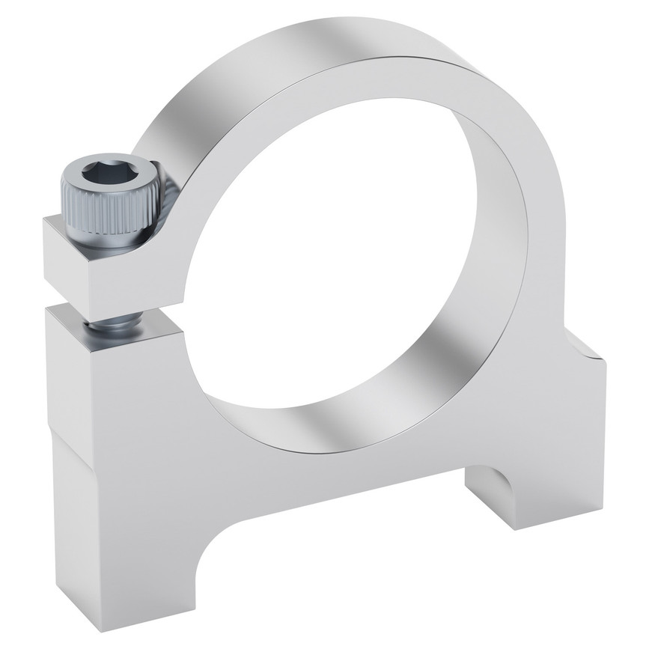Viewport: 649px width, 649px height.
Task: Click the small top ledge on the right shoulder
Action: click(x=588, y=352)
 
